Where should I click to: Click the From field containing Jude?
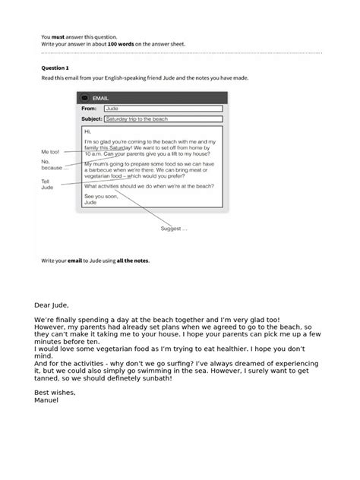click(163, 109)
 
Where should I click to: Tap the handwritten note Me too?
click(51, 152)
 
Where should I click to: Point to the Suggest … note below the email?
click(173, 228)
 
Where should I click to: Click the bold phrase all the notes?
click(133, 261)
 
